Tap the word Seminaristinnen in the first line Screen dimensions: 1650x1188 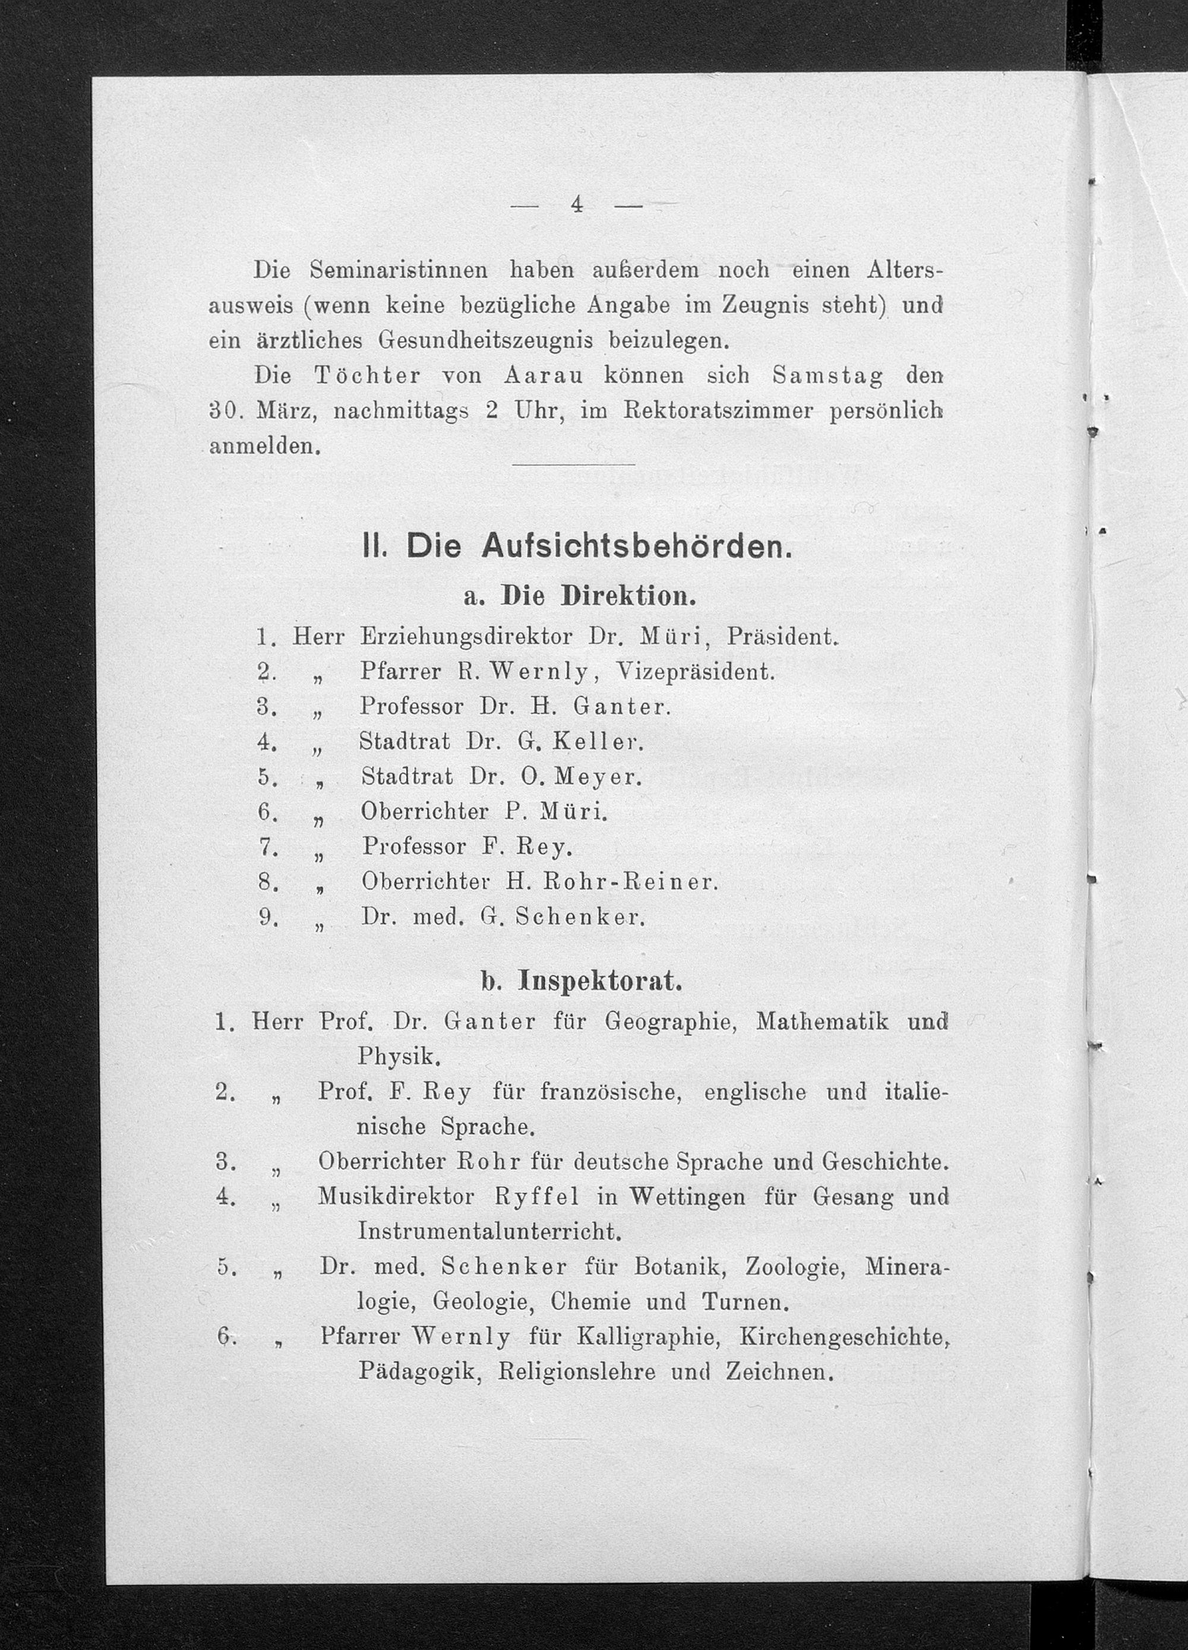tap(399, 271)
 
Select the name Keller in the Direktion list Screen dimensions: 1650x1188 tap(598, 742)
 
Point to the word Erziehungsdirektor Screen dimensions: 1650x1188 tap(466, 637)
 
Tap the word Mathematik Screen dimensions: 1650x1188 tap(822, 1022)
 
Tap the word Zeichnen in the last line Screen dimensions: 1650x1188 tap(778, 1372)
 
